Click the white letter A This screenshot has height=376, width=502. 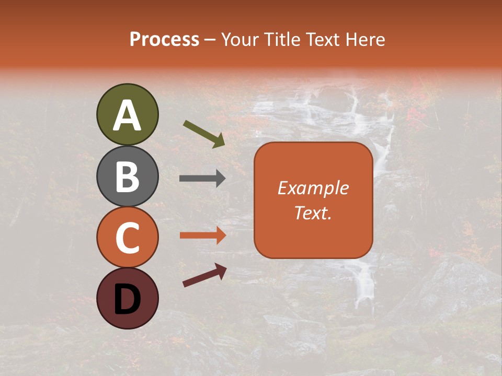pos(127,115)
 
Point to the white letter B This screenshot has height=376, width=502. pos(127,177)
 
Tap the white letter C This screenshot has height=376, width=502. pos(127,238)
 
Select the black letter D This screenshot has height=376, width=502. pos(127,299)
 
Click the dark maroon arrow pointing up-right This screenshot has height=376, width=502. pos(204,275)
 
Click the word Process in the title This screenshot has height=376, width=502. pos(164,39)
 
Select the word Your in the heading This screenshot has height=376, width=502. pos(239,39)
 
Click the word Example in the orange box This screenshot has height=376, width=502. pos(313,188)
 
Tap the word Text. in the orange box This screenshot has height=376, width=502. pos(313,213)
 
